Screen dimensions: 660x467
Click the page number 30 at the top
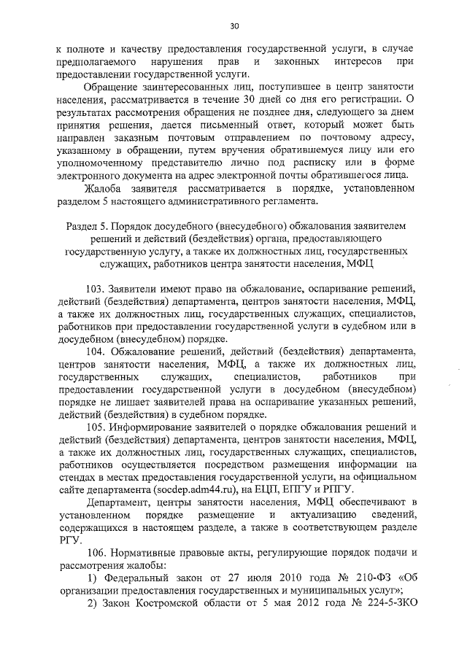pos(233,26)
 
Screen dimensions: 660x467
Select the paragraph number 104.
pos(96,353)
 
